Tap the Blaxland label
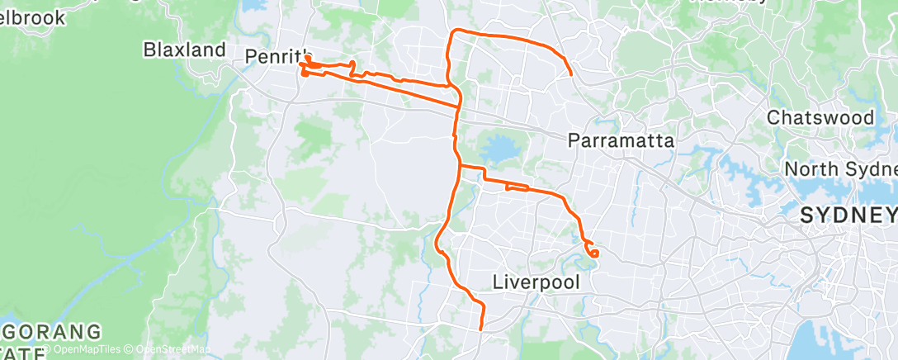pos(184,50)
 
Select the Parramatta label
pos(622,141)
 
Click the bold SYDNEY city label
pos(848,216)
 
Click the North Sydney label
pos(840,168)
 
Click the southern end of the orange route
pos(480,329)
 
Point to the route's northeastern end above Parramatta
pos(571,74)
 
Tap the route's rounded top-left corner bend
pos(452,33)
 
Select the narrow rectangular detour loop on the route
pos(517,187)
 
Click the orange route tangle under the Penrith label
pos(306,69)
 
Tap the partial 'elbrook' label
pos(33,17)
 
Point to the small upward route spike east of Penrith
pos(353,64)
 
